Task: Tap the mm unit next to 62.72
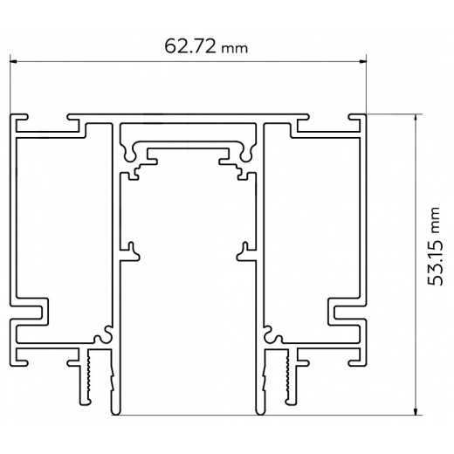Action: (x=234, y=49)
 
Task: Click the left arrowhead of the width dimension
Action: (x=14, y=62)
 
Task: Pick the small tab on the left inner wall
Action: (x=133, y=251)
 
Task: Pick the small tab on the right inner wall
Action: (x=242, y=251)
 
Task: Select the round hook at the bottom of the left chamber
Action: (x=106, y=333)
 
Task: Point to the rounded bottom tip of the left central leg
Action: (x=113, y=409)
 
